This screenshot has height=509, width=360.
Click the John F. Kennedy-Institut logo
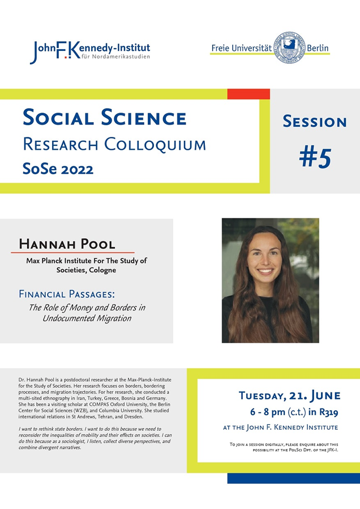tap(90, 51)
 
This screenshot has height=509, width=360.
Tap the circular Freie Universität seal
tap(289, 48)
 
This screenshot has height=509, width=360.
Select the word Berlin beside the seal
tap(318, 48)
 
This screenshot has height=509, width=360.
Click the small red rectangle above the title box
tap(248, 94)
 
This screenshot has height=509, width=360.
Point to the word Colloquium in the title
tap(155, 144)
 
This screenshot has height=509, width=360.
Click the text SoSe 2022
tap(58, 169)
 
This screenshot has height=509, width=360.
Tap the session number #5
tap(315, 158)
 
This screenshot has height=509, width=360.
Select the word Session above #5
tap(315, 122)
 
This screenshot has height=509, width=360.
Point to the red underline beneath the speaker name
tap(72, 252)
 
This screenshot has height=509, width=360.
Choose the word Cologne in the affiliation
tap(102, 270)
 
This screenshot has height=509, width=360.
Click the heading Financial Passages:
tap(67, 294)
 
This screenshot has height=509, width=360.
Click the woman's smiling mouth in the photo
tap(265, 271)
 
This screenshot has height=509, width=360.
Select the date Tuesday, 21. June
tap(289, 395)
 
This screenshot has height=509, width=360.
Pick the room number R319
tap(328, 412)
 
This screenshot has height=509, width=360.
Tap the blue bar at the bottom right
tap(294, 478)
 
